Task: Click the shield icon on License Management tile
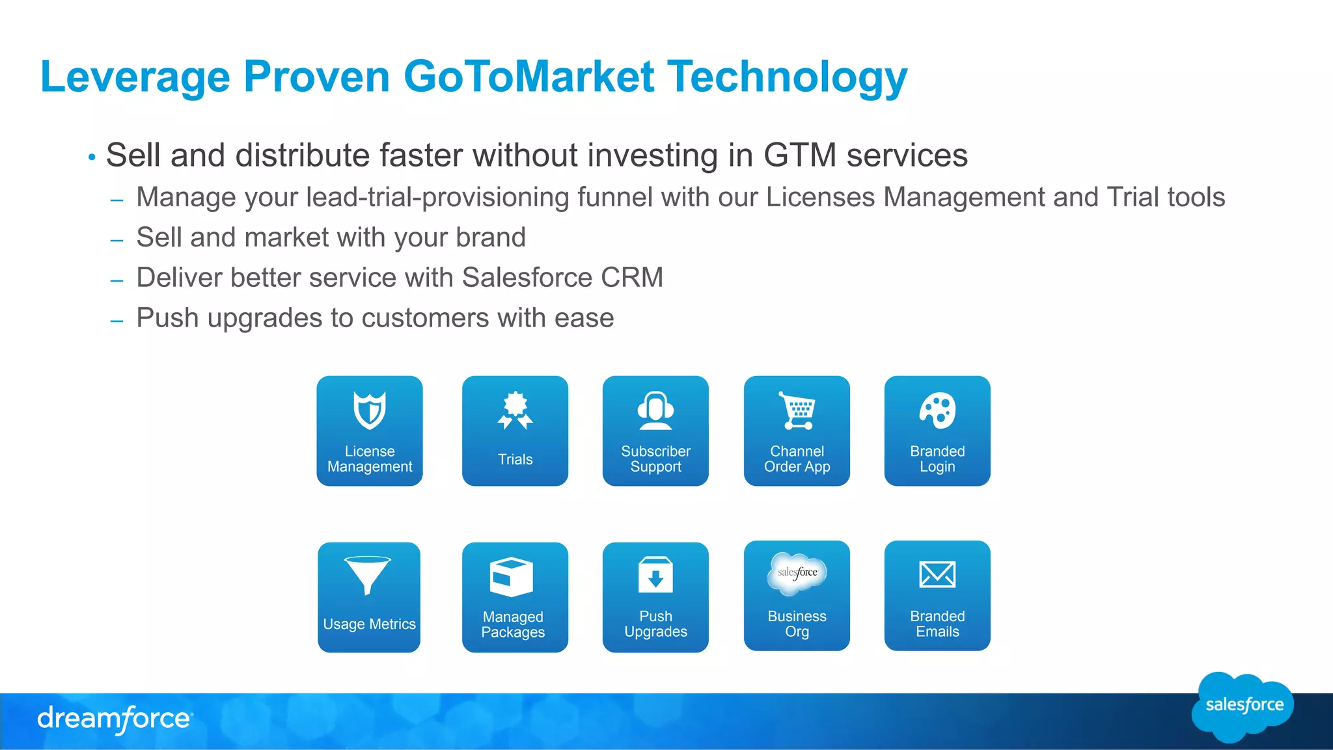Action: click(x=370, y=410)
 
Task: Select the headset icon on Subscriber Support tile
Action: click(x=655, y=410)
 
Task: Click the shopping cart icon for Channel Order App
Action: click(x=797, y=410)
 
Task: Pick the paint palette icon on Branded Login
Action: click(x=937, y=410)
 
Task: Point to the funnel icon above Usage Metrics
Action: click(x=368, y=574)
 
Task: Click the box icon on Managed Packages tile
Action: click(x=512, y=576)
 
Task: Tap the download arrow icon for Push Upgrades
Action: click(x=655, y=575)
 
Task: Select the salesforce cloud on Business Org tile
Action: click(x=797, y=573)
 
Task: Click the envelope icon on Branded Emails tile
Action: click(x=937, y=574)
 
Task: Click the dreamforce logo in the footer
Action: click(x=115, y=719)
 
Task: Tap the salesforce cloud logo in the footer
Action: click(x=1243, y=706)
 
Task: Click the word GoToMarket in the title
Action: click(x=529, y=77)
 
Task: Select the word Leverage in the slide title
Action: click(x=135, y=77)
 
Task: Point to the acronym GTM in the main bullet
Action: click(x=799, y=155)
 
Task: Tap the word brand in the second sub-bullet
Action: click(x=490, y=237)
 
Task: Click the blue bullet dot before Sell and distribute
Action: click(x=92, y=157)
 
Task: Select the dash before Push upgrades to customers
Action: click(x=117, y=321)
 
